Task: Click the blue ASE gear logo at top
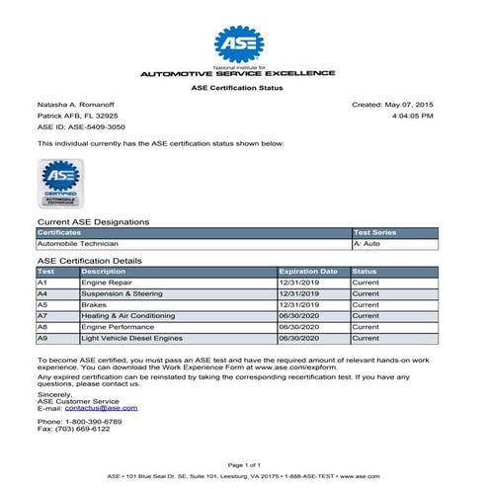[243, 43]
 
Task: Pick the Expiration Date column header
[308, 271]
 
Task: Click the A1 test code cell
[42, 282]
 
